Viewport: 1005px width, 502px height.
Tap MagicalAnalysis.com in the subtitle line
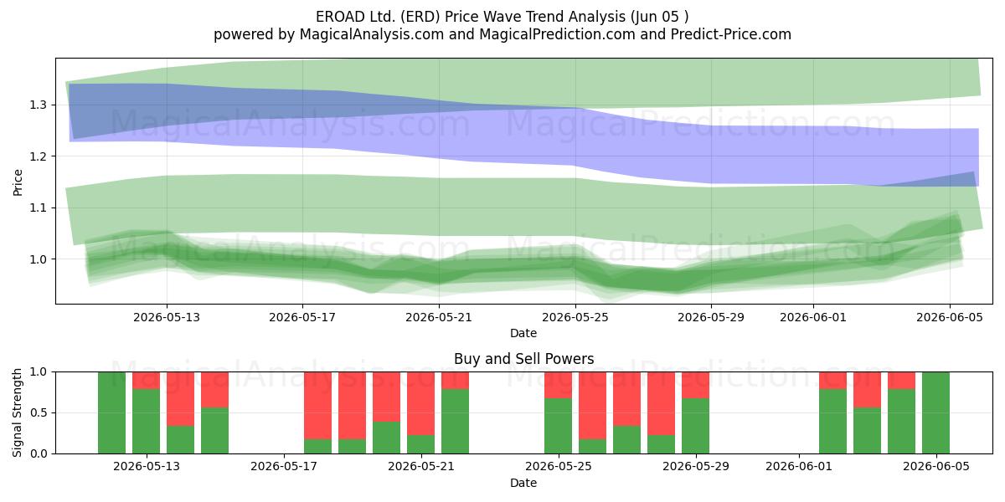[372, 34]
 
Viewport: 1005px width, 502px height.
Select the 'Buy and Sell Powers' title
[523, 359]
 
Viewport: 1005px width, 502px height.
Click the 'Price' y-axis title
[18, 182]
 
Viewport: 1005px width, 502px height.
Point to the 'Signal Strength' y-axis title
[17, 412]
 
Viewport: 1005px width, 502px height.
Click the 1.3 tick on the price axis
[39, 105]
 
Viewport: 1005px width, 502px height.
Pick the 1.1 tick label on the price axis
[39, 207]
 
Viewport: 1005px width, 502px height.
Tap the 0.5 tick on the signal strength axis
[39, 412]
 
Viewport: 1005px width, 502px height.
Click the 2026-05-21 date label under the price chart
[439, 317]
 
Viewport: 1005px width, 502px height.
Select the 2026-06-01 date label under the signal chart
[799, 467]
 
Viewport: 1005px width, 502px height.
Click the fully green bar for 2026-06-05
[936, 412]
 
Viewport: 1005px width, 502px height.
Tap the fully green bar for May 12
[111, 412]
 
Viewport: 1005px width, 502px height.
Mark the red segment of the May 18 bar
[317, 406]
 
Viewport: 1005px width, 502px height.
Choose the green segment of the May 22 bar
[455, 422]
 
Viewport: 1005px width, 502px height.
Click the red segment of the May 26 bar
[592, 406]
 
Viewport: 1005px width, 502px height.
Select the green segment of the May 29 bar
[695, 426]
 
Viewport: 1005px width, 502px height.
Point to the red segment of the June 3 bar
[868, 390]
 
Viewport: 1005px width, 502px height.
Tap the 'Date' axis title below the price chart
[523, 333]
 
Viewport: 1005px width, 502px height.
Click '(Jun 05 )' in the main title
[660, 17]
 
